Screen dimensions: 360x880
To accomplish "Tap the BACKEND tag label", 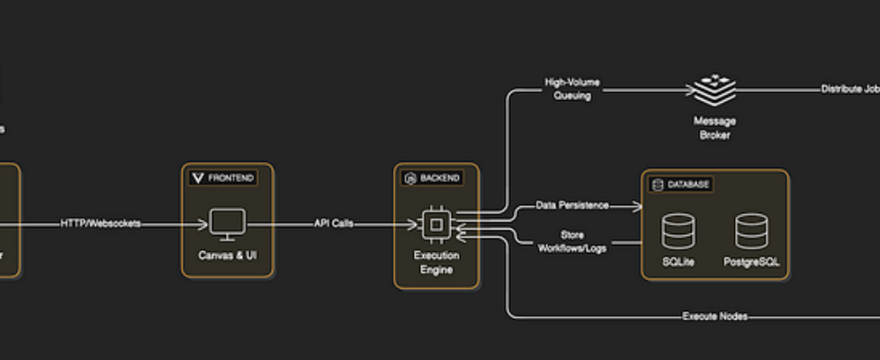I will pyautogui.click(x=433, y=178).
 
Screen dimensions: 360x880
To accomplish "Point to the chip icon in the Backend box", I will pyautogui.click(x=436, y=224).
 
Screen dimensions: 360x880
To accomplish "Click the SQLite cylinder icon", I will pyautogui.click(x=678, y=231).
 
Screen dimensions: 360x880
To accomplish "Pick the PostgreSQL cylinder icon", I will pyautogui.click(x=751, y=231).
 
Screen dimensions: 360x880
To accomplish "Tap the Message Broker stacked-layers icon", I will pyautogui.click(x=714, y=90).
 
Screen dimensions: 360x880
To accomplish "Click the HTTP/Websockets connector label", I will pyautogui.click(x=100, y=223).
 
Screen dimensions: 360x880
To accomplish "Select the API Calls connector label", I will pyautogui.click(x=333, y=223).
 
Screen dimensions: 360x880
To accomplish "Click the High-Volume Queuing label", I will pyautogui.click(x=572, y=89).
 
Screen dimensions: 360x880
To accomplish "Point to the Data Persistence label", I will pyautogui.click(x=572, y=206).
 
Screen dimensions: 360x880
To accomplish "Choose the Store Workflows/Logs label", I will pyautogui.click(x=571, y=241).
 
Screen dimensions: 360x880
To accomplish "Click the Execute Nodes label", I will pyautogui.click(x=714, y=317).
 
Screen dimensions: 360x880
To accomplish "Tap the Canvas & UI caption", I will pyautogui.click(x=227, y=256).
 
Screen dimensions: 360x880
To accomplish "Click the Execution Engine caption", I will pyautogui.click(x=436, y=262).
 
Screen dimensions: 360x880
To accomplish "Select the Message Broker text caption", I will pyautogui.click(x=714, y=128).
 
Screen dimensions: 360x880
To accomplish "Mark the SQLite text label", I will pyautogui.click(x=678, y=263).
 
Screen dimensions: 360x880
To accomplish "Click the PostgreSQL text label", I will pyautogui.click(x=751, y=263).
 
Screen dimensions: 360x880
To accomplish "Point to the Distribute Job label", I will pyautogui.click(x=849, y=90).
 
